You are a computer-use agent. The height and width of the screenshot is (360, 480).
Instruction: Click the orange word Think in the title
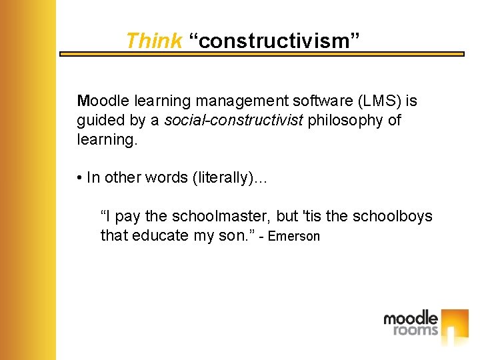[153, 41]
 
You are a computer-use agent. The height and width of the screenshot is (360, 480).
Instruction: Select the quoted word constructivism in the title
[274, 41]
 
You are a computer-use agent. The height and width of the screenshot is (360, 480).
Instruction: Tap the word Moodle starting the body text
[103, 101]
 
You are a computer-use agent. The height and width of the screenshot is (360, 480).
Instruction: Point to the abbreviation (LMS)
[378, 101]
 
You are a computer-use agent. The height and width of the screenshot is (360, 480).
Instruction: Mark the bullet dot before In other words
[79, 177]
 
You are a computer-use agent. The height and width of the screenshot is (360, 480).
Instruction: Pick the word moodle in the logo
[410, 318]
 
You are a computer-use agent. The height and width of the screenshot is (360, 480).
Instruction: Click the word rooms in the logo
[415, 329]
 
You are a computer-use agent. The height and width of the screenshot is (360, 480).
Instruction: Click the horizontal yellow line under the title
[261, 54]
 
